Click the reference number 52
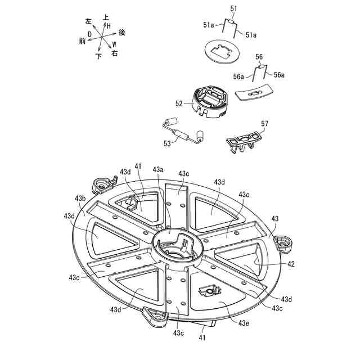point(179,103)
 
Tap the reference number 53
point(167,143)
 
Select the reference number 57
point(264,123)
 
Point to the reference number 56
point(259,57)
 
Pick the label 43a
point(158,169)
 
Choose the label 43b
point(80,199)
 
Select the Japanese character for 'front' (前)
point(83,41)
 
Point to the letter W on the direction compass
point(114,44)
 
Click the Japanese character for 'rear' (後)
point(122,33)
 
